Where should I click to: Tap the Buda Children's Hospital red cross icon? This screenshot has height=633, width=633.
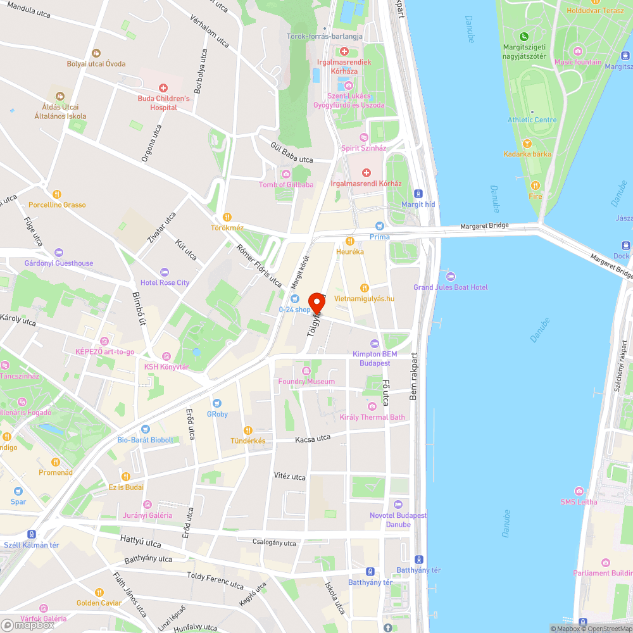point(163,87)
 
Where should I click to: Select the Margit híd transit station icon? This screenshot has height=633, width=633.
point(418,193)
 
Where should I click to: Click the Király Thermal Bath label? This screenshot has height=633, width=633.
point(372,417)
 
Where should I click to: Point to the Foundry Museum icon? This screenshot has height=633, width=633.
point(307,370)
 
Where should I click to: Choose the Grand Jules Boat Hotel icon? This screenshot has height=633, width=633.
point(451,276)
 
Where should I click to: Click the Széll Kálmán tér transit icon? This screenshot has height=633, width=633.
point(31,534)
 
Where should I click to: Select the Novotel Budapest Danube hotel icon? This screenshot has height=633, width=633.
point(398,505)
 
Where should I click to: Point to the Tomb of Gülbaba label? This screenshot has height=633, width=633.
point(286,185)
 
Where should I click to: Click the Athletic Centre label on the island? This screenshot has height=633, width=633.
point(532,120)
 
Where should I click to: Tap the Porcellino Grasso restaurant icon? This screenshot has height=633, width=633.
point(57,194)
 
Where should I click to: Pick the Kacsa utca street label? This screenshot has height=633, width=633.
point(313,438)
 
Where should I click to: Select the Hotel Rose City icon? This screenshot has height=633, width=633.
point(165,272)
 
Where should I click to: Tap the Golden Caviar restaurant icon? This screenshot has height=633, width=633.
point(99,592)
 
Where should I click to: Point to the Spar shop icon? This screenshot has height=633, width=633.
point(18,491)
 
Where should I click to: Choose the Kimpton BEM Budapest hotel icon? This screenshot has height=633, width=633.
point(375,344)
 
